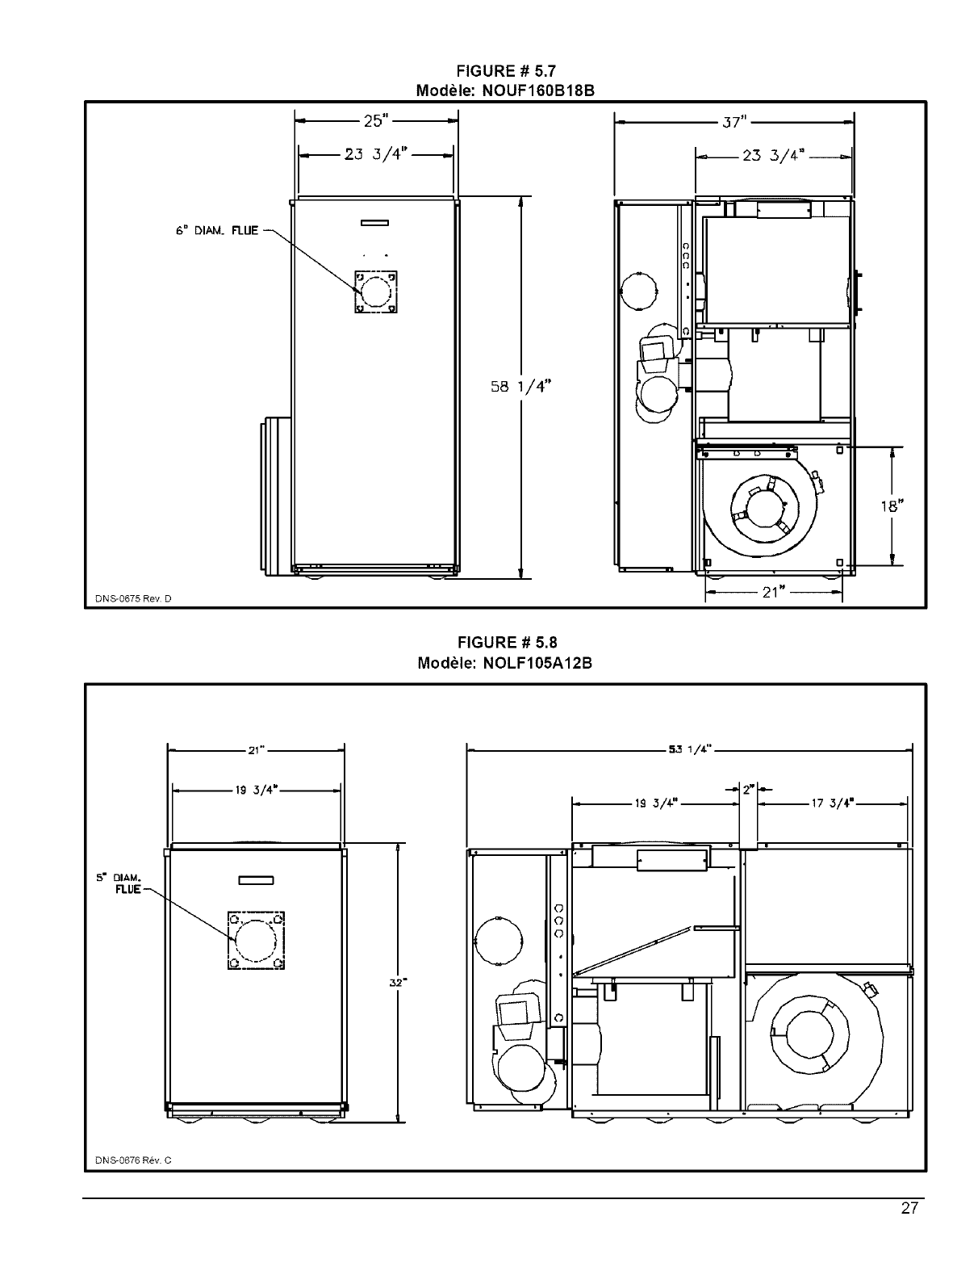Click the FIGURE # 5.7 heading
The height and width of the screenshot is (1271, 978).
pyautogui.click(x=507, y=73)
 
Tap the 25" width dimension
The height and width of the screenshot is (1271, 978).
pyautogui.click(x=376, y=121)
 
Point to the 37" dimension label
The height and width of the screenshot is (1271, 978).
pyautogui.click(x=734, y=123)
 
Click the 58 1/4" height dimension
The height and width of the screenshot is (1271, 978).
pyautogui.click(x=520, y=387)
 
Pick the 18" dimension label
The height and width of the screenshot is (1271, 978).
pyautogui.click(x=891, y=506)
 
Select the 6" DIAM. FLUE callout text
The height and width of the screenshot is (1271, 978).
pyautogui.click(x=217, y=231)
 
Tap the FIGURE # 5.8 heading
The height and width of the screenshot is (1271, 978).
pyautogui.click(x=507, y=643)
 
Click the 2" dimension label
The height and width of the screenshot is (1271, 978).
pyautogui.click(x=748, y=789)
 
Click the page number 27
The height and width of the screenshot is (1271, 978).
pyautogui.click(x=909, y=1209)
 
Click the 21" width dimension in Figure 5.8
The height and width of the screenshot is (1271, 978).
pyautogui.click(x=256, y=750)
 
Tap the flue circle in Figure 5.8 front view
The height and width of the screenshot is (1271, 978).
pyautogui.click(x=256, y=940)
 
